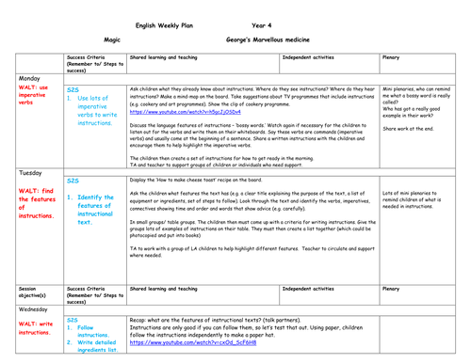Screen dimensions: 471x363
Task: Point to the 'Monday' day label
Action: [x=31, y=78]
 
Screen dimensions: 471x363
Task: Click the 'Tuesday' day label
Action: [x=32, y=174]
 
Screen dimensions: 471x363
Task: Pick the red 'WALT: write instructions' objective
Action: [x=35, y=329]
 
